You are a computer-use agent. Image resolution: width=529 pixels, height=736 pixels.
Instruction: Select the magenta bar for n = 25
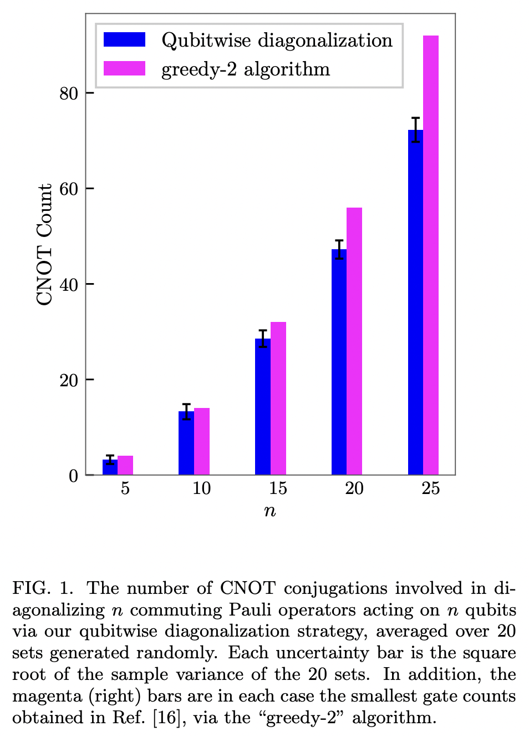point(431,255)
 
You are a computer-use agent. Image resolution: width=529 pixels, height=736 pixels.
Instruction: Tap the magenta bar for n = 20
point(354,341)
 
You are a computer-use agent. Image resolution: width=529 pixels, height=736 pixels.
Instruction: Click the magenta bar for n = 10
point(202,441)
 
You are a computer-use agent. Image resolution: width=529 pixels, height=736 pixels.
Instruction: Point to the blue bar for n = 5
point(110,467)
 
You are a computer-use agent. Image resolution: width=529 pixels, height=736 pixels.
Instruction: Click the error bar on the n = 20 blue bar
point(339,249)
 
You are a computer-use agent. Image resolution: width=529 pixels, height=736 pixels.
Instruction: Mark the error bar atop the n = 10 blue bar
point(186,411)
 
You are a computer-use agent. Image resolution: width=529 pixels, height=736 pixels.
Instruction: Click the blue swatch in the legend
point(125,40)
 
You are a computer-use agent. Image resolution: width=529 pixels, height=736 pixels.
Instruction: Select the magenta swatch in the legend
point(125,68)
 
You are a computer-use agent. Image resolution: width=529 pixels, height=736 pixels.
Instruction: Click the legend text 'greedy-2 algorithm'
point(246,69)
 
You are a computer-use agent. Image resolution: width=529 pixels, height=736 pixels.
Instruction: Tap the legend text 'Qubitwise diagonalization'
point(277,41)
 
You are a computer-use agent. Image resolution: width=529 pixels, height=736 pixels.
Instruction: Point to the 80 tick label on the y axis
point(69,93)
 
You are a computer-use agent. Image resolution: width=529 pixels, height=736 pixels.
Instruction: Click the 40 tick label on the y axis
point(69,284)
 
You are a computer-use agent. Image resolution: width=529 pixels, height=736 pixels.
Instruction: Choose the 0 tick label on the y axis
point(73,476)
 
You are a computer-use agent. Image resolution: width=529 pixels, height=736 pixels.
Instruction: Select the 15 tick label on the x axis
point(278,488)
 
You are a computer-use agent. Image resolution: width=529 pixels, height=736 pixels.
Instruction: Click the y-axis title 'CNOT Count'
point(44,244)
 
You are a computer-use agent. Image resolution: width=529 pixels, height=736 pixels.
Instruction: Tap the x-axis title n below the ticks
point(270,511)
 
